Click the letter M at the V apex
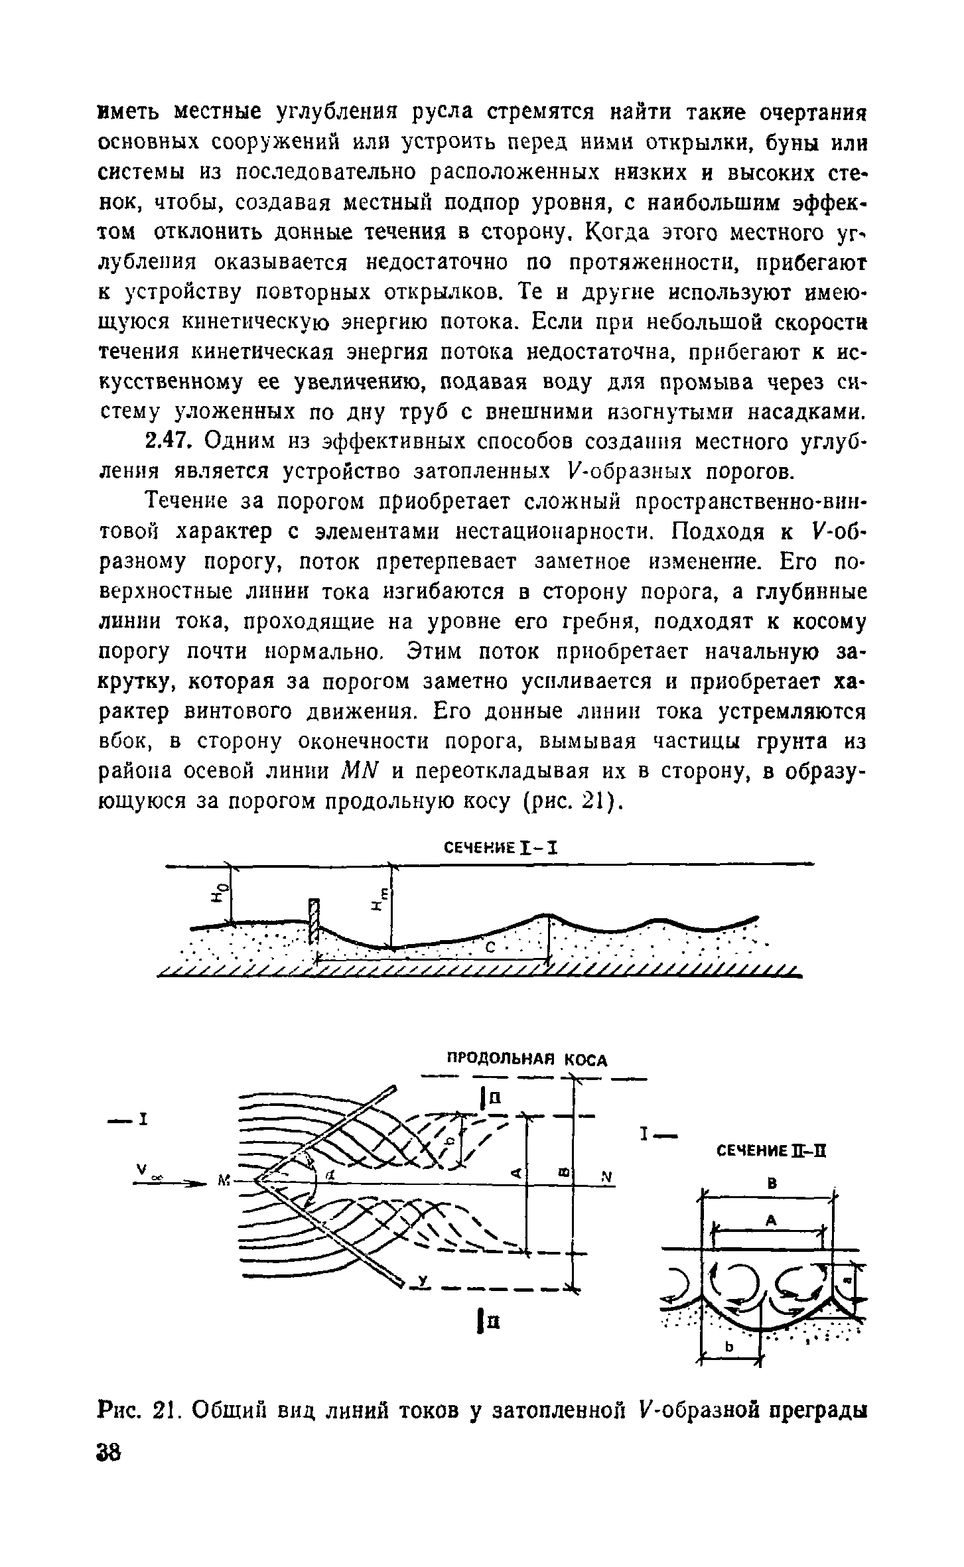click(x=222, y=1180)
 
